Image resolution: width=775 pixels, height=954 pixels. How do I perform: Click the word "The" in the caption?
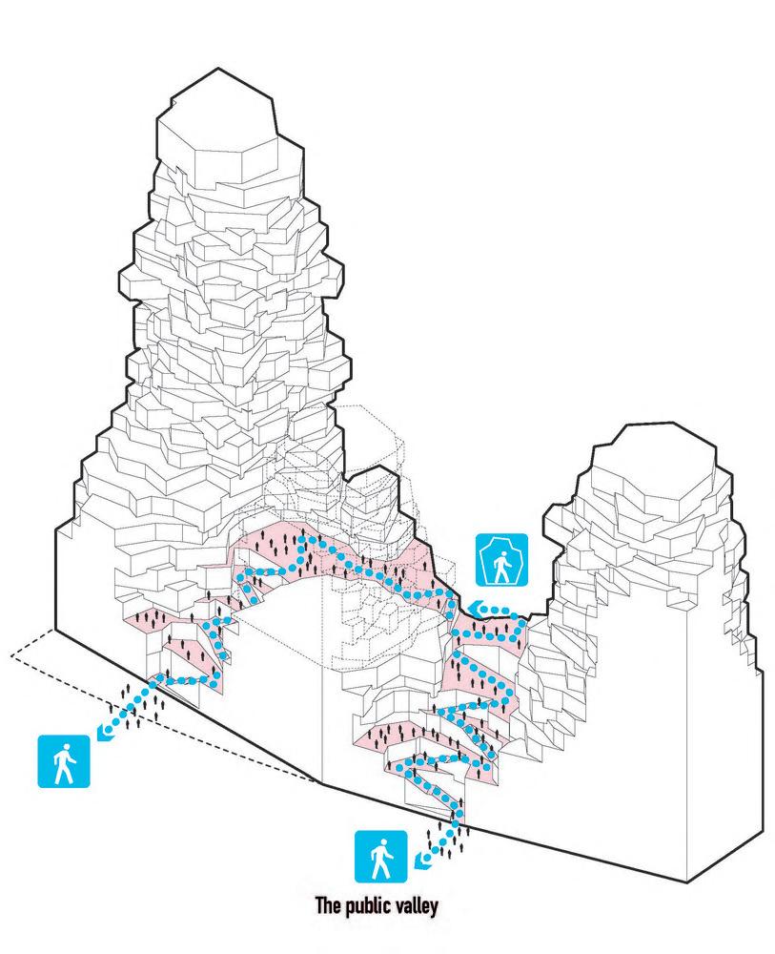(328, 904)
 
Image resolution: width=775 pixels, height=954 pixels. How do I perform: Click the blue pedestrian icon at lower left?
(64, 761)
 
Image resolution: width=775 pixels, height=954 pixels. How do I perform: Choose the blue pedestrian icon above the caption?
(381, 857)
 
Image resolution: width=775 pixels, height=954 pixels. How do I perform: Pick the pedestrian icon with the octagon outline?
(501, 560)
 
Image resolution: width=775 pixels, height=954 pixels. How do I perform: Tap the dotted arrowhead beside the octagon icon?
(476, 608)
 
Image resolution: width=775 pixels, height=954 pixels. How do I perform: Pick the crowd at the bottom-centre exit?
(449, 837)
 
